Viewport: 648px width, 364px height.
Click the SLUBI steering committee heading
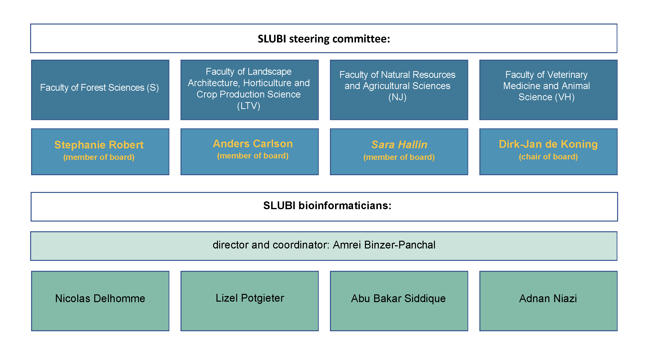(x=324, y=39)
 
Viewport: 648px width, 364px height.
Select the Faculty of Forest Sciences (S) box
(x=100, y=90)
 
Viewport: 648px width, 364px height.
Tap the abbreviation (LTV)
(x=249, y=106)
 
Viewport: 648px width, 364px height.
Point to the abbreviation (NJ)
(x=397, y=97)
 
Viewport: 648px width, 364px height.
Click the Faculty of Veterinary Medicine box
(x=548, y=90)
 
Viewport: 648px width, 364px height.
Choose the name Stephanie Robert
(x=99, y=145)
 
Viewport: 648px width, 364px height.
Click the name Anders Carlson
(x=253, y=144)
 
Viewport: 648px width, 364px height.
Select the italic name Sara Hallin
(x=399, y=145)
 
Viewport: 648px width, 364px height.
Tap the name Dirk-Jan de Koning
(x=548, y=144)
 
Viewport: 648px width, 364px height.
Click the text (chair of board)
(x=548, y=157)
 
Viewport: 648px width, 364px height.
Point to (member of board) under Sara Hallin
(x=399, y=157)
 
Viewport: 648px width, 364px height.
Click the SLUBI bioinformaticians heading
(x=327, y=206)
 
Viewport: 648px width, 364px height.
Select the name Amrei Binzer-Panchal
(x=384, y=245)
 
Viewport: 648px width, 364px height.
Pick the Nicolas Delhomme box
(x=100, y=301)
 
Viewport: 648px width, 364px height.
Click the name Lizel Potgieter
(x=250, y=298)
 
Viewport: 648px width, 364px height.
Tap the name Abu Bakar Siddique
(x=398, y=298)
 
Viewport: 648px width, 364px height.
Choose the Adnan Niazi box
(x=548, y=301)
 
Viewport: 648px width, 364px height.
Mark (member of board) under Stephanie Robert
(x=99, y=157)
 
